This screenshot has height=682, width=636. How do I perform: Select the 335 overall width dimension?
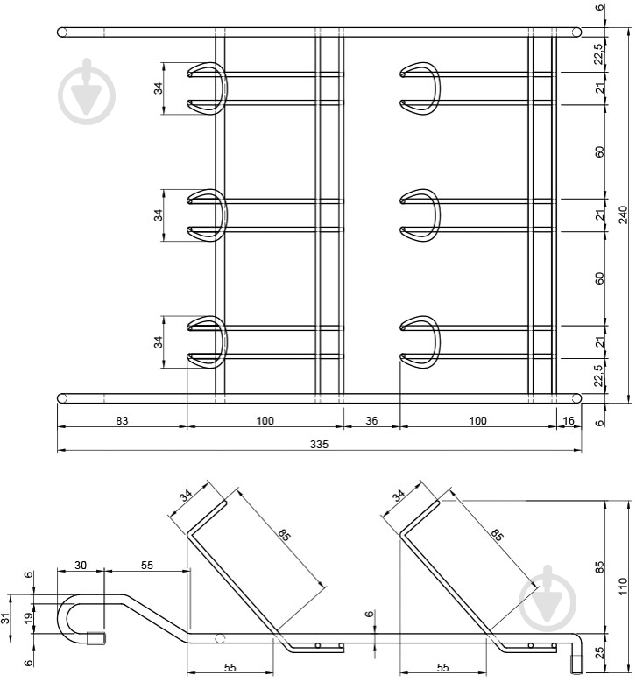tap(319, 444)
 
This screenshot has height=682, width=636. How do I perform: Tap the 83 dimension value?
tap(122, 421)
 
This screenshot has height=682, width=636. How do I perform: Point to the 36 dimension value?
tap(371, 421)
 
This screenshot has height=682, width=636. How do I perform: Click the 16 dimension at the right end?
tap(569, 421)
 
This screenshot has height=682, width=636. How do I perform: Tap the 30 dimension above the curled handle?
tap(81, 566)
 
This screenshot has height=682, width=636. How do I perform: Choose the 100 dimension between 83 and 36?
tap(265, 421)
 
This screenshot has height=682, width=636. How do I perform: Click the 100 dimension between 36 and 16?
tap(477, 421)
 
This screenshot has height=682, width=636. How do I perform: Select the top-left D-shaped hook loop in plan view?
tap(209, 88)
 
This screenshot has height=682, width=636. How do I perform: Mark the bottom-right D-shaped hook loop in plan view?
tap(420, 341)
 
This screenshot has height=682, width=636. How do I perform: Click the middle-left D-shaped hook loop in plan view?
tap(209, 214)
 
